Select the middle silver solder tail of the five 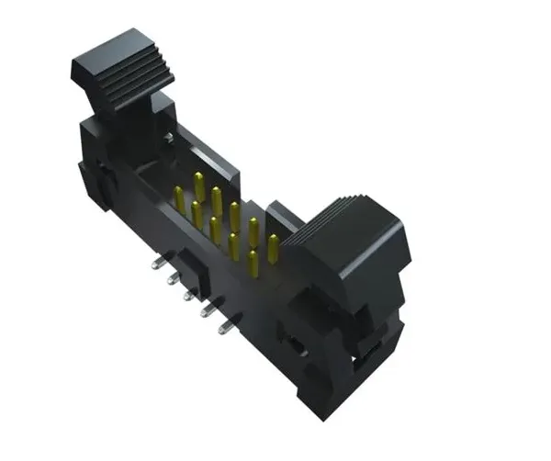coord(188,296)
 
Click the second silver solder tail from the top coord(172,279)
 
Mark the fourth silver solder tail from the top coord(208,310)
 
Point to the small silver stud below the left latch coord(169,138)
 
